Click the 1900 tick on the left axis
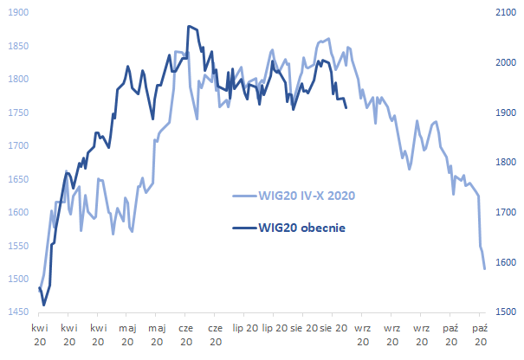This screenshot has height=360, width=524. click(x=16, y=13)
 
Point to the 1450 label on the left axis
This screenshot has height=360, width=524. click(x=16, y=312)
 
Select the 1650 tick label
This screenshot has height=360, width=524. click(x=16, y=179)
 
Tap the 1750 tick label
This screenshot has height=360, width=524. click(x=16, y=112)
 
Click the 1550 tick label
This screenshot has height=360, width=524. click(x=16, y=246)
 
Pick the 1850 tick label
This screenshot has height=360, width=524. click(x=16, y=47)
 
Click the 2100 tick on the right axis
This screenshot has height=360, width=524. click(x=503, y=13)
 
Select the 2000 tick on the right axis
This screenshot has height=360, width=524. click(x=503, y=63)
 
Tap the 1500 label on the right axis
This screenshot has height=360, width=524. click(x=503, y=312)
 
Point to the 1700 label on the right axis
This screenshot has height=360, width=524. click(x=503, y=212)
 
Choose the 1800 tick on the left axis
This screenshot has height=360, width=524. click(x=16, y=80)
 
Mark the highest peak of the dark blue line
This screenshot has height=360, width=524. click(x=188, y=27)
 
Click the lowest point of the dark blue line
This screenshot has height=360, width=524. click(x=43, y=305)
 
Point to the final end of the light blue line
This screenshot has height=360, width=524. click(x=484, y=268)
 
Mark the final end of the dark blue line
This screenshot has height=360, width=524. click(x=346, y=107)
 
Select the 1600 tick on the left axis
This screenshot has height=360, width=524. click(x=16, y=212)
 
